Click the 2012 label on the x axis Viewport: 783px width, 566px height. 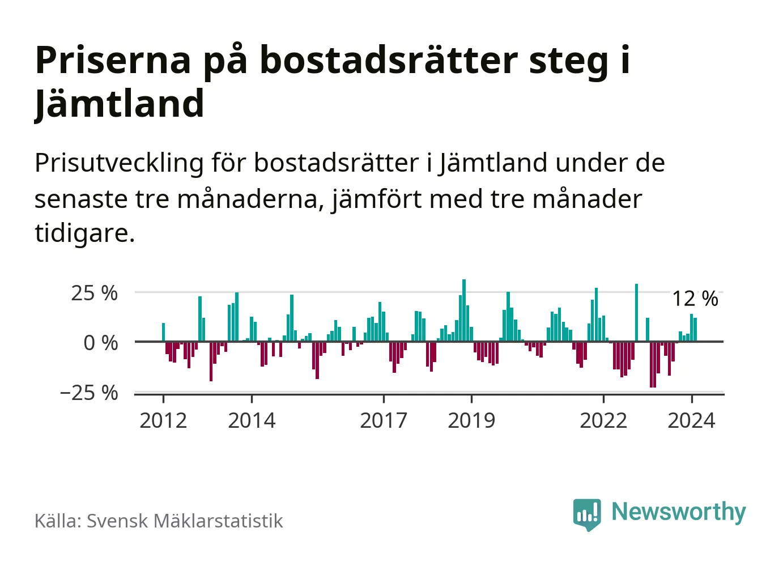point(163,421)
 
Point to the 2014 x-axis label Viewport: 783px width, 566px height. point(252,421)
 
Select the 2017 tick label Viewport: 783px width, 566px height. point(384,421)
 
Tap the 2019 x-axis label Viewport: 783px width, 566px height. point(471,421)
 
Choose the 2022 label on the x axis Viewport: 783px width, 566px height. point(603,421)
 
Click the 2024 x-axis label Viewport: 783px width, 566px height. point(691,421)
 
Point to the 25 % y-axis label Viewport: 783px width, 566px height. point(95,293)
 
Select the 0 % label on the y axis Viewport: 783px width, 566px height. point(101,343)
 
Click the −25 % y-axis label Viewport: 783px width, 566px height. point(89,393)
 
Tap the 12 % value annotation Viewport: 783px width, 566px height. point(695,299)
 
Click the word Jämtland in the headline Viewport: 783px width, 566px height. point(120,104)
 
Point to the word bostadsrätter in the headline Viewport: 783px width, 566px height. point(389,60)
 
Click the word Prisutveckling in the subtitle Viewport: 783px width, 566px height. point(119,163)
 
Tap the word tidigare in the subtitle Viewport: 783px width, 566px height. point(84,233)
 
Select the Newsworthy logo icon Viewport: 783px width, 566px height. point(587,514)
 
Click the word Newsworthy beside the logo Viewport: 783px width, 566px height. point(679,512)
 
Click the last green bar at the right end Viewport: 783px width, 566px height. point(695,330)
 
